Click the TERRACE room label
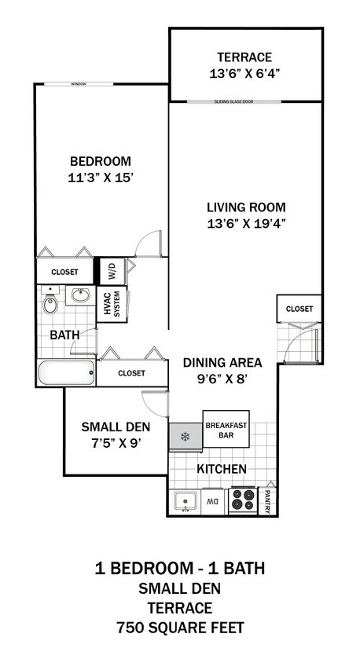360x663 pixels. point(244,57)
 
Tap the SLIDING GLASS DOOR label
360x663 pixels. point(244,101)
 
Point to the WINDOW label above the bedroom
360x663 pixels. point(78,83)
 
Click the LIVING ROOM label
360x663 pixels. point(245,207)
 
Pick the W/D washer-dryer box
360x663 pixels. point(111,272)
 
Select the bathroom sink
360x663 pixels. point(79,297)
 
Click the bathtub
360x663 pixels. point(66,373)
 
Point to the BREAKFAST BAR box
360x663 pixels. point(226,430)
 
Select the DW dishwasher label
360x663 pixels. point(212,500)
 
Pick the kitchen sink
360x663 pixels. point(186,500)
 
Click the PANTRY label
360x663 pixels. point(268,500)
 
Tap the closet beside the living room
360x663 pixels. point(299,309)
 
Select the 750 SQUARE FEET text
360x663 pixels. point(180,628)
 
